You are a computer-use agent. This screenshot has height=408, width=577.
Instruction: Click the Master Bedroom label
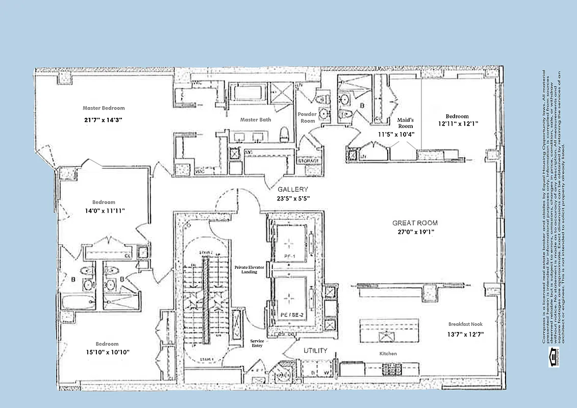pyautogui.click(x=104, y=108)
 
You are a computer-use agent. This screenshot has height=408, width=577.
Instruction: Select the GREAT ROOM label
pyautogui.click(x=414, y=223)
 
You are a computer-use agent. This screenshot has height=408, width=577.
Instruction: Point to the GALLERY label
pyautogui.click(x=293, y=189)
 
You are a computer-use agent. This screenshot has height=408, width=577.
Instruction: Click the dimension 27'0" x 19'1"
pyautogui.click(x=414, y=232)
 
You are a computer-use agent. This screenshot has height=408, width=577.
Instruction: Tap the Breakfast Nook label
pyautogui.click(x=465, y=324)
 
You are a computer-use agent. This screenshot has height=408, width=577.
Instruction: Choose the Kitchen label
pyautogui.click(x=388, y=353)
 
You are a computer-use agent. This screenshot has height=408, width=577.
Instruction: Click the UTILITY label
pyautogui.click(x=315, y=351)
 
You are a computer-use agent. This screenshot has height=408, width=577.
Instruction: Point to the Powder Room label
pyautogui.click(x=307, y=117)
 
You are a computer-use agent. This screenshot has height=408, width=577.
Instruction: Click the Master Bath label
pyautogui.click(x=256, y=120)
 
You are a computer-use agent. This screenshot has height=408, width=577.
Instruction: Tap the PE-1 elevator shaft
pyautogui.click(x=290, y=242)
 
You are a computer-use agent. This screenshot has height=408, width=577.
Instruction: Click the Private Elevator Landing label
pyautogui.click(x=245, y=269)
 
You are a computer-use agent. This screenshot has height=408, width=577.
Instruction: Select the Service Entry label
pyautogui.click(x=256, y=343)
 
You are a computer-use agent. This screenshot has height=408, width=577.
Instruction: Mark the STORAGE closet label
pyautogui.click(x=308, y=161)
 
